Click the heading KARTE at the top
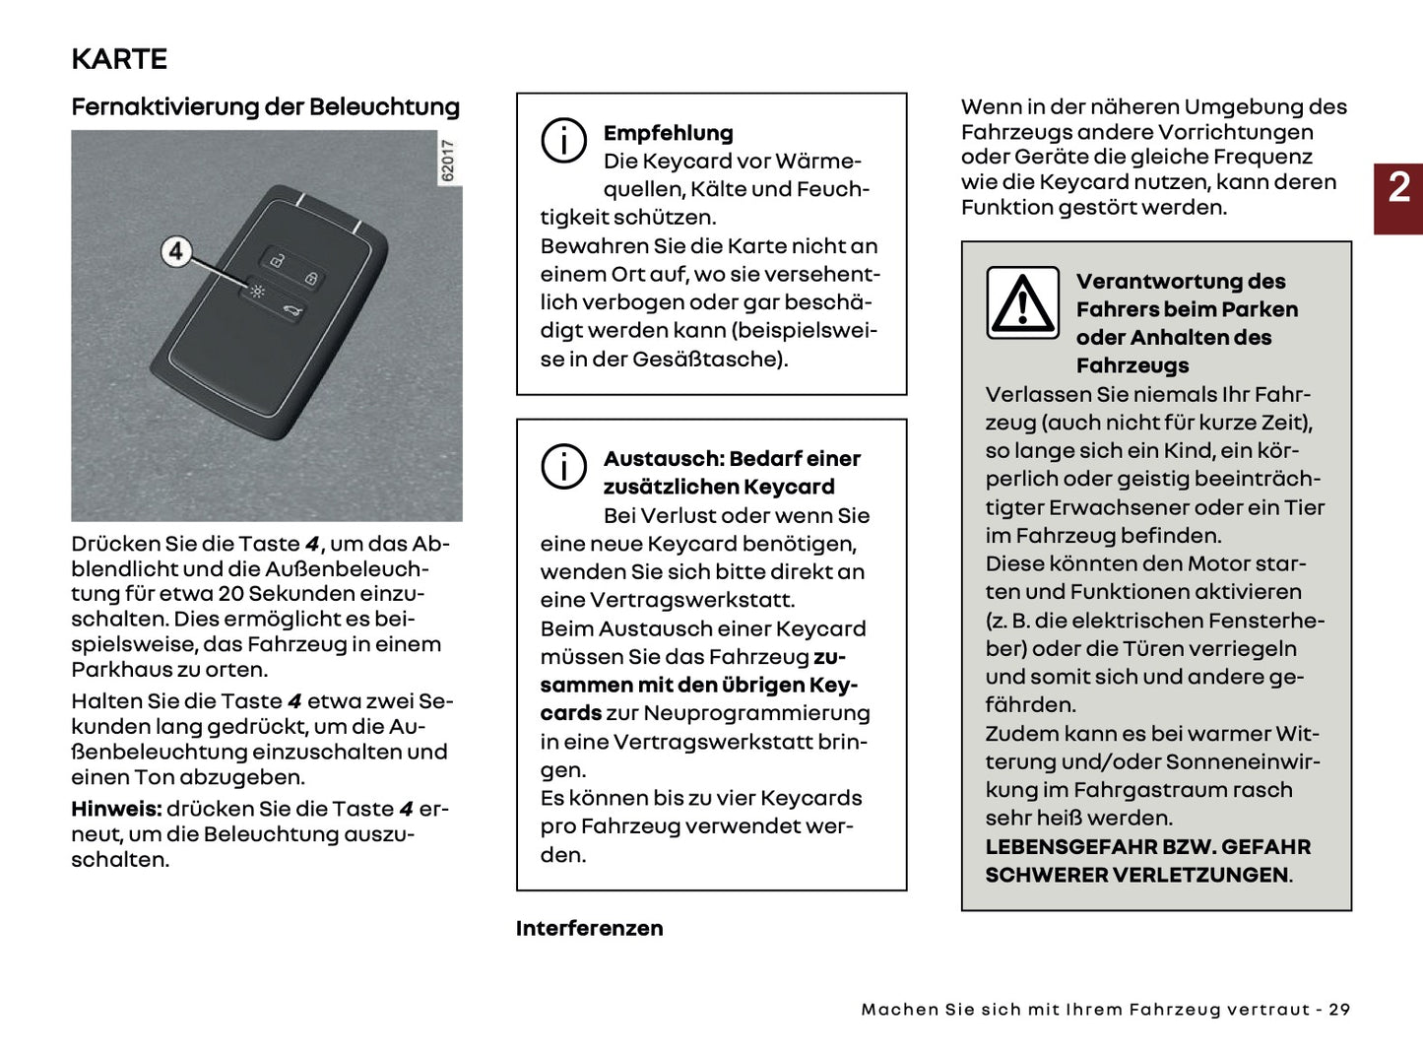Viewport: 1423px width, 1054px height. [x=119, y=59]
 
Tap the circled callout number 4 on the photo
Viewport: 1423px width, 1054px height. [x=176, y=252]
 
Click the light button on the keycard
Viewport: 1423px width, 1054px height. [x=257, y=292]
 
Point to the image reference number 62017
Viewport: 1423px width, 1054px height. [x=448, y=161]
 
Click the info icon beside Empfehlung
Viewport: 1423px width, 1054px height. [x=563, y=141]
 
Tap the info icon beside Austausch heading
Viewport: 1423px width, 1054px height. [x=563, y=466]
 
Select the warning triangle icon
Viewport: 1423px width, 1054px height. [x=1023, y=302]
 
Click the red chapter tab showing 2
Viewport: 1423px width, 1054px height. [x=1398, y=198]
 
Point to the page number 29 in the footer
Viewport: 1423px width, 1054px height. [x=1339, y=1010]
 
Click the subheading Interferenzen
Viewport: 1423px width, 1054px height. [x=589, y=928]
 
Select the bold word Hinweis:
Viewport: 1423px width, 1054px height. [x=115, y=809]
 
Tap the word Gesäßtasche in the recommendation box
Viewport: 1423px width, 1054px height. [x=708, y=360]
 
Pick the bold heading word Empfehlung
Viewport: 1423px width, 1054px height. [x=668, y=133]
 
